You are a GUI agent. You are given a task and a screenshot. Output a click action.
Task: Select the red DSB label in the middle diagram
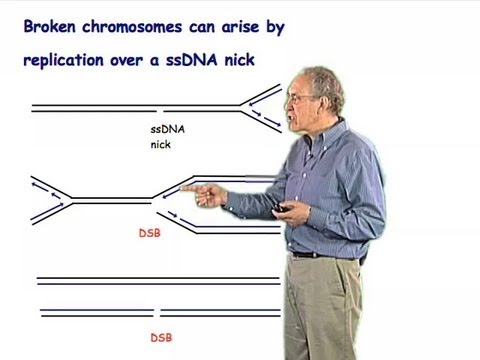pos(151,238)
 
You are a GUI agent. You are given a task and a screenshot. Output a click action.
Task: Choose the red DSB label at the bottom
pos(160,338)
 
